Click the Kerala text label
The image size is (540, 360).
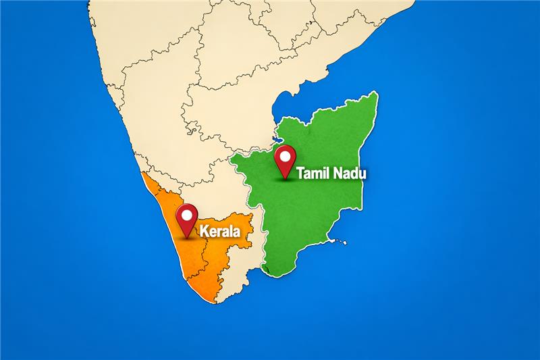point(220,232)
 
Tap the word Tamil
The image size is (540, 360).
point(315,174)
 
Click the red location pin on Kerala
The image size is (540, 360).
point(186,220)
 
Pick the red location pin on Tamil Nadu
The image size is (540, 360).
point(287,160)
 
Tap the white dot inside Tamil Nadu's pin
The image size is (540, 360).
point(287,157)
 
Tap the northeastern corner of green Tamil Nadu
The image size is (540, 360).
point(375,95)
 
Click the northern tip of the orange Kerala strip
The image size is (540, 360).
point(142,173)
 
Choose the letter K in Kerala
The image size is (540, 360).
point(203,232)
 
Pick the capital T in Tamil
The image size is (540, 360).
point(300,174)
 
